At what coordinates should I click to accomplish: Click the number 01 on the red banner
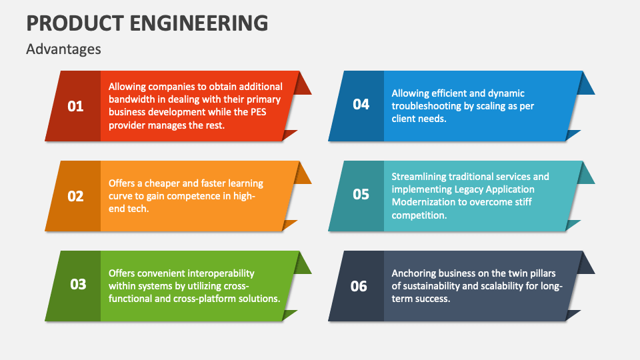coord(76,106)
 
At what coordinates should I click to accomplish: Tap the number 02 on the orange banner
coord(76,196)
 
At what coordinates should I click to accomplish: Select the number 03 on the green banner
coord(78,285)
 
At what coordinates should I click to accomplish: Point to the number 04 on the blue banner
coord(361,105)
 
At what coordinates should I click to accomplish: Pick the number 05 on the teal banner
coord(361,195)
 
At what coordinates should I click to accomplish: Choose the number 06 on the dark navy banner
coord(359,286)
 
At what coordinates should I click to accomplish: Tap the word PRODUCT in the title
coord(64,23)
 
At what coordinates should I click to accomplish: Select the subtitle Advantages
coord(63,49)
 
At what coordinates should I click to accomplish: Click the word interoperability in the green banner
coord(221,273)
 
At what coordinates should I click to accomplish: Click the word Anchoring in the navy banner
coord(413,273)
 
